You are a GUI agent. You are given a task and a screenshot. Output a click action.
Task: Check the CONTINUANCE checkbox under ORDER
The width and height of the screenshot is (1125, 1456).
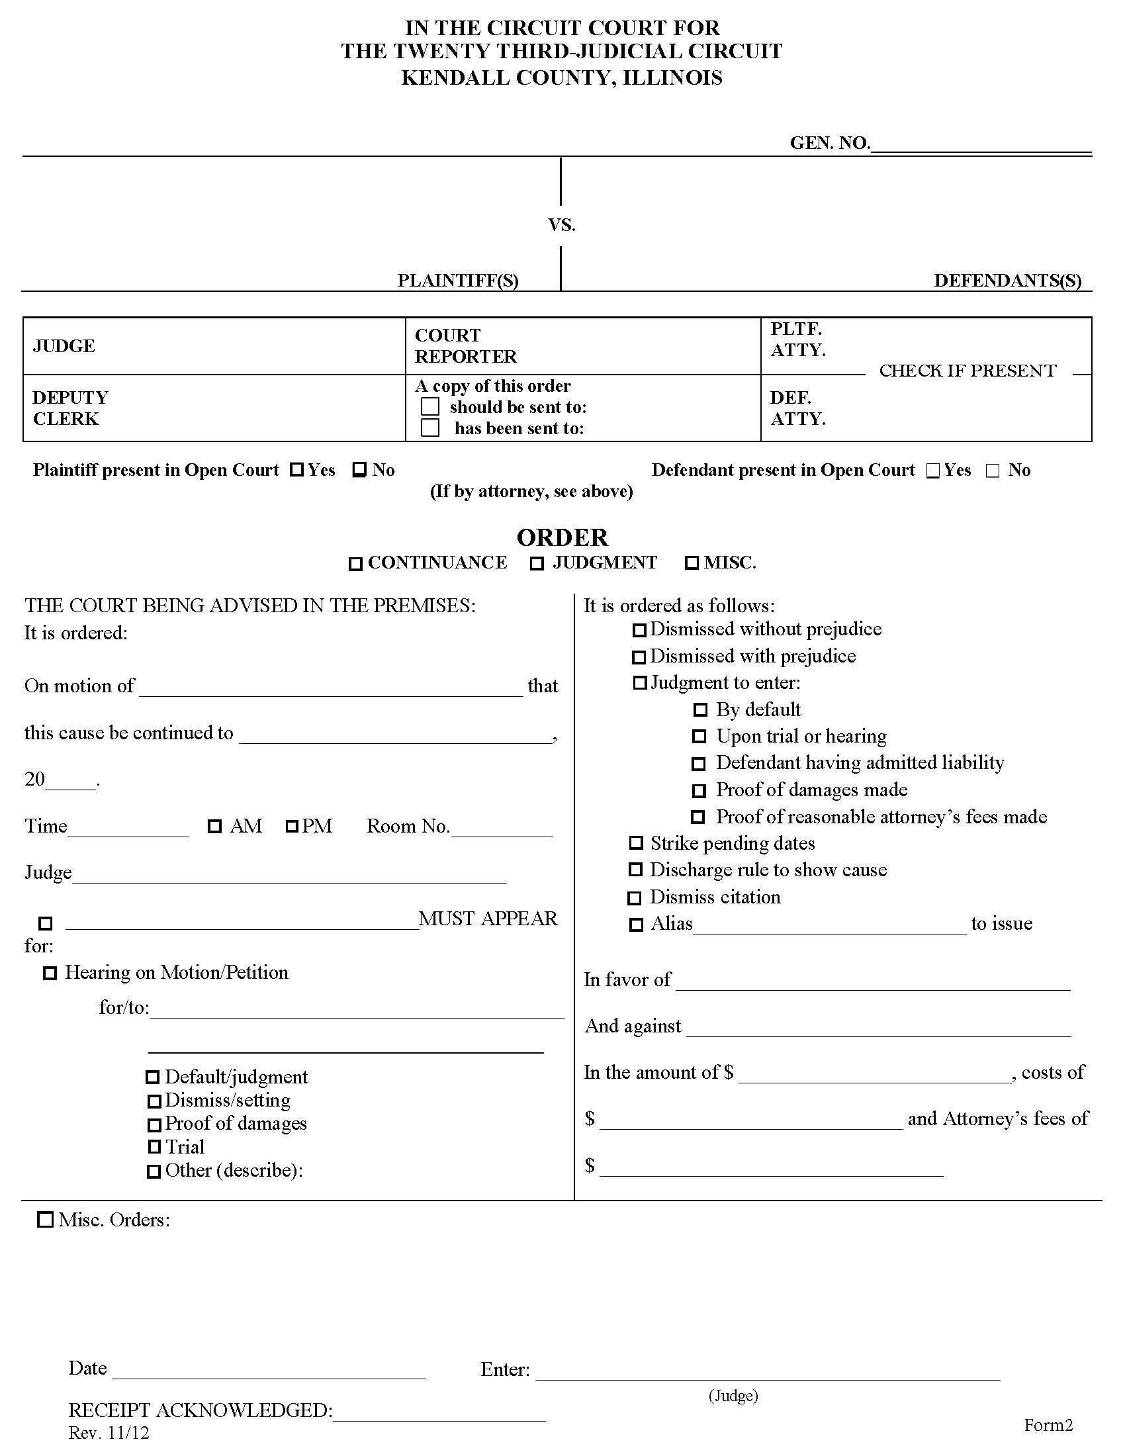tap(355, 564)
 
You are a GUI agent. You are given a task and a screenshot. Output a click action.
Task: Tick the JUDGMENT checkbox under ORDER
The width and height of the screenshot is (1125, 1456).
tap(537, 564)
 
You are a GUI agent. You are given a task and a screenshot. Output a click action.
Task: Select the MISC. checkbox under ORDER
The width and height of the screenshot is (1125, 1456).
tap(692, 563)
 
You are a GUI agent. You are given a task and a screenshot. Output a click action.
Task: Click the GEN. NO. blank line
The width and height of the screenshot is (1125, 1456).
tap(980, 148)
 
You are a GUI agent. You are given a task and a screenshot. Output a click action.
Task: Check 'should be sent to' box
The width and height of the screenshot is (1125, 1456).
tap(431, 406)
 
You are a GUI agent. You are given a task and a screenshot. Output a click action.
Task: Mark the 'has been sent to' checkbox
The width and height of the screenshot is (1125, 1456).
tap(431, 428)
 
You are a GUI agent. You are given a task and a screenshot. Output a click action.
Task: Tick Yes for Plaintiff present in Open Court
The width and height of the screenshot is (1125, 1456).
tap(296, 470)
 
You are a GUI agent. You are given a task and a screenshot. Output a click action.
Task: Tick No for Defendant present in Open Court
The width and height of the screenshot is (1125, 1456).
tap(993, 471)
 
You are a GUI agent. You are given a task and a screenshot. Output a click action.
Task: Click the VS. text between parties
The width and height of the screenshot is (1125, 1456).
tap(561, 225)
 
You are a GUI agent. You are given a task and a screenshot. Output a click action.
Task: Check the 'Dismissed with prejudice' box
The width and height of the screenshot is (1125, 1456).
tap(639, 657)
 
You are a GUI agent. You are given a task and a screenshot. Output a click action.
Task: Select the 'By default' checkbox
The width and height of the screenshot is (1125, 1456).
tap(699, 710)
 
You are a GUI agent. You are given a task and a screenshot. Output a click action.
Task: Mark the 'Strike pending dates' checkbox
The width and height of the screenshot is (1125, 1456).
tap(636, 843)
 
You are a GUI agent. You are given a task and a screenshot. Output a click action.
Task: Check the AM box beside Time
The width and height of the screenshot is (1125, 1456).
tap(214, 827)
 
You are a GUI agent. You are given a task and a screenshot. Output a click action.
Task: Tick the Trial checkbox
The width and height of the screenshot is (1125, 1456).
tap(154, 1147)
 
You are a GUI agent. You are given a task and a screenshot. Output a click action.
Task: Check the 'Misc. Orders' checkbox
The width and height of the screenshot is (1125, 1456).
tap(45, 1220)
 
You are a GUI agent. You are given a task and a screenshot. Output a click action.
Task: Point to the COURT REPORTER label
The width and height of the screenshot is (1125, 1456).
tap(465, 345)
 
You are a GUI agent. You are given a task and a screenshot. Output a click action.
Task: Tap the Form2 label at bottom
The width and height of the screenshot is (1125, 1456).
tap(1048, 1425)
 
